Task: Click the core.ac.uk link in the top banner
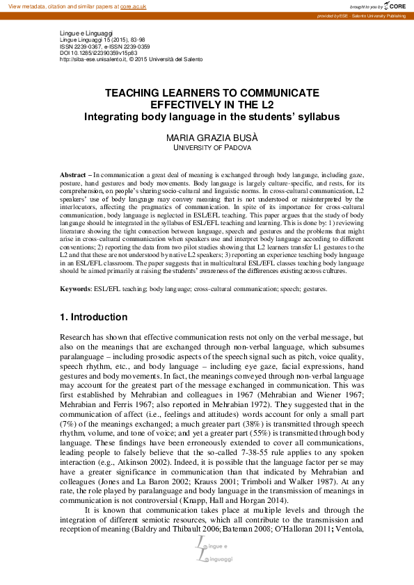pyautogui.click(x=135, y=6)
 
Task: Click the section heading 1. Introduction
pyautogui.click(x=94, y=318)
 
